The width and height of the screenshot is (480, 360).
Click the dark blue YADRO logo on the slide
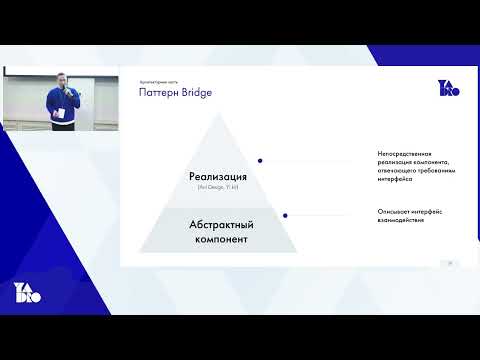[x=447, y=89]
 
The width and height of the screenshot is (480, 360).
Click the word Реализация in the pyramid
[x=217, y=177]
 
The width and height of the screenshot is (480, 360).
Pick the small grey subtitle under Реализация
[x=217, y=188]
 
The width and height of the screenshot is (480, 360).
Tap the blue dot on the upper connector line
[x=260, y=160]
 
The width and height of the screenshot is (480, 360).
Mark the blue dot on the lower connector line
[x=286, y=213]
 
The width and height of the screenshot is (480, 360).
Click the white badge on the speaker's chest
[x=62, y=113]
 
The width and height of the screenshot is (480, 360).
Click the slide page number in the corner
[x=450, y=263]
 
